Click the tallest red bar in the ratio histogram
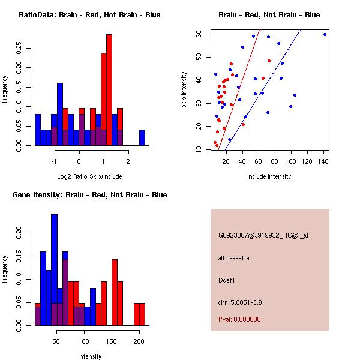[x=109, y=90]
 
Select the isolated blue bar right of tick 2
[x=142, y=137]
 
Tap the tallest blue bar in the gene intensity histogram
[x=55, y=270]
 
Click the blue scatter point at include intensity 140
[x=325, y=34]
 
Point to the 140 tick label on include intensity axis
[x=323, y=161]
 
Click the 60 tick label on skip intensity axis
[x=199, y=34]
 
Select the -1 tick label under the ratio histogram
[x=54, y=161]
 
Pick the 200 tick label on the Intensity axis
[x=139, y=341]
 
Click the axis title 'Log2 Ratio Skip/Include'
[x=89, y=176]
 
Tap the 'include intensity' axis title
[x=269, y=176]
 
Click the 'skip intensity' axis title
[x=184, y=89]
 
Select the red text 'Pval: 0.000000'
[x=239, y=319]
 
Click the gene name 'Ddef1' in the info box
[x=226, y=280]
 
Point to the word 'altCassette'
[x=233, y=258]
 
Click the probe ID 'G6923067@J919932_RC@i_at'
[x=263, y=235]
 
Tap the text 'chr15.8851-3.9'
[x=240, y=302]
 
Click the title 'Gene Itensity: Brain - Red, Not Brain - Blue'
[x=89, y=194]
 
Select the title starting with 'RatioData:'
[x=89, y=14]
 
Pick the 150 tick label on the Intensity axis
[x=112, y=341]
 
